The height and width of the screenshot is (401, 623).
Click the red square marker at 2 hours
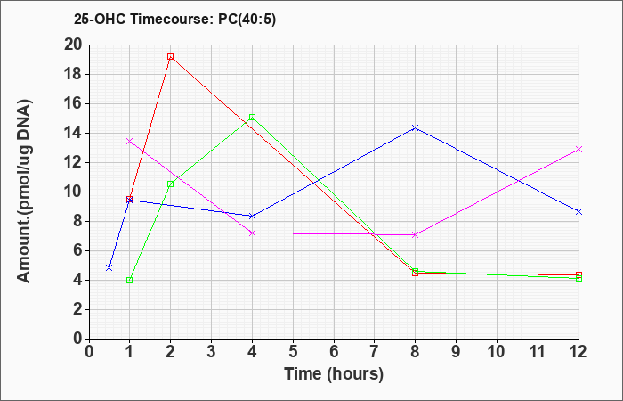[171, 57]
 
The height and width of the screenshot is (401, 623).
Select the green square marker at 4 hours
[252, 118]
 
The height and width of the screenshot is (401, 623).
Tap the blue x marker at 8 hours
[416, 127]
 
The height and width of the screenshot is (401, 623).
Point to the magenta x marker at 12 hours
[578, 149]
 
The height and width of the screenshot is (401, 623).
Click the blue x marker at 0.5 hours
[109, 267]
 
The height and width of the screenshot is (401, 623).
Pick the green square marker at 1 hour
[130, 280]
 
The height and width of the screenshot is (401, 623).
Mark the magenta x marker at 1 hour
[130, 141]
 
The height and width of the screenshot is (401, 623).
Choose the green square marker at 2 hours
[171, 184]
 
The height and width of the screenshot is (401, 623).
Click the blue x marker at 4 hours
[252, 216]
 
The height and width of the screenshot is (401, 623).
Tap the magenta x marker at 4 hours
[252, 233]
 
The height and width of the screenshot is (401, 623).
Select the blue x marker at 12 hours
[578, 212]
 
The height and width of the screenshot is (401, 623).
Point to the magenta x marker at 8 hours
[416, 234]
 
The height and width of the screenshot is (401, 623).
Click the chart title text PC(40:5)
[247, 20]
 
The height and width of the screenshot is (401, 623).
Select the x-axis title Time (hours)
[334, 374]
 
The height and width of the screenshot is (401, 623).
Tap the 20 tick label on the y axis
[74, 45]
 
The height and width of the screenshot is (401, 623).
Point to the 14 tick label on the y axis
[74, 134]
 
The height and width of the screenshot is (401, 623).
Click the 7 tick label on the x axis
[375, 352]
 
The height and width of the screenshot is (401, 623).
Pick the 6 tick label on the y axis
[78, 251]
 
